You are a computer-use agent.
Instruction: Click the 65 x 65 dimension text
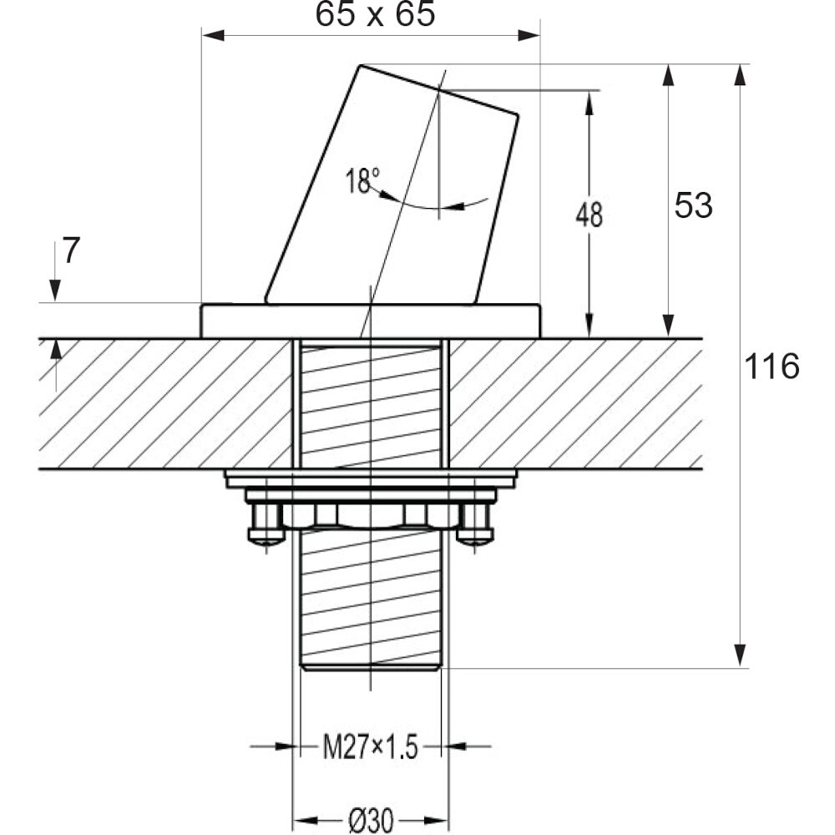point(375,14)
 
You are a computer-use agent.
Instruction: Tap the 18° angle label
point(362,180)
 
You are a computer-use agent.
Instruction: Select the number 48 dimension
point(589,215)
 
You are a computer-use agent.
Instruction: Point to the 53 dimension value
point(693,205)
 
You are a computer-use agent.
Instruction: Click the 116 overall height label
point(772,367)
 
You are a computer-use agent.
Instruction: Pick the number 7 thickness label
point(71,250)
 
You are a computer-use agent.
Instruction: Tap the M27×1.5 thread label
point(371,747)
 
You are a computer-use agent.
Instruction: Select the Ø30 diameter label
point(372,821)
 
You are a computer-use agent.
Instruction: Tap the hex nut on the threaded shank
point(371,516)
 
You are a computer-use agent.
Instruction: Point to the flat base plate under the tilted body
point(371,321)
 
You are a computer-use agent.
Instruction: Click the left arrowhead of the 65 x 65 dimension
point(213,36)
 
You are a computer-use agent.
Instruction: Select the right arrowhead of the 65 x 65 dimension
point(529,36)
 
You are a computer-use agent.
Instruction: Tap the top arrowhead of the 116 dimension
point(739,75)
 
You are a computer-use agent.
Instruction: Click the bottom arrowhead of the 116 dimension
point(739,655)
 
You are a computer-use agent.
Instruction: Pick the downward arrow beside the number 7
point(54,271)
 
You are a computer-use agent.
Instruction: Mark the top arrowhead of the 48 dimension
point(589,102)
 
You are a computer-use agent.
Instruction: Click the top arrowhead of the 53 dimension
point(669,75)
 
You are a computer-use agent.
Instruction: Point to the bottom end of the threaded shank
point(371,666)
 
